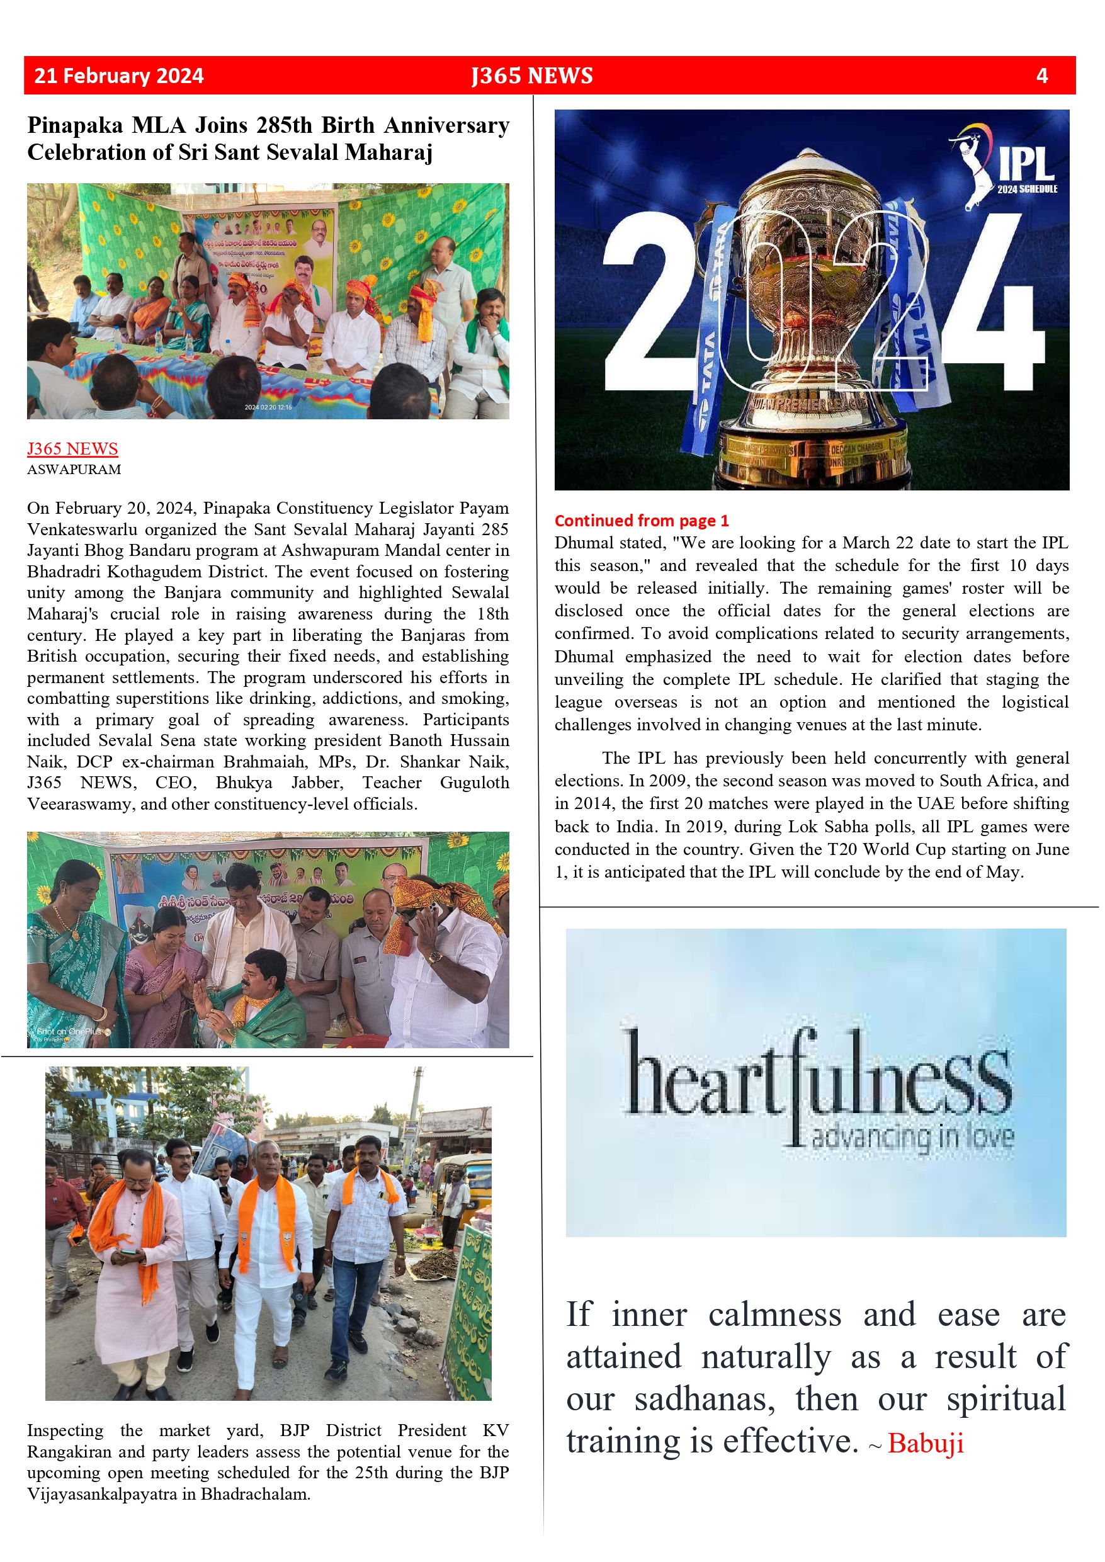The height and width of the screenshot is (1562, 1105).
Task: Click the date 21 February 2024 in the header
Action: click(118, 76)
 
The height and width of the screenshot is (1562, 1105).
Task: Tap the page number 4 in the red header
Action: click(1041, 76)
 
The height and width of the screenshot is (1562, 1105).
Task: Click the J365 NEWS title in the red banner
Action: click(531, 76)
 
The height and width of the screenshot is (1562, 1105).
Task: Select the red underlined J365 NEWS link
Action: click(72, 448)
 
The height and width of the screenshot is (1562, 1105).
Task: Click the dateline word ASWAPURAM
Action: click(74, 470)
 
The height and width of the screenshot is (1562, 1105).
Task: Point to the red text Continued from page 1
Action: click(641, 521)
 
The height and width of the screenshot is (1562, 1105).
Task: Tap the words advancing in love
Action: click(912, 1136)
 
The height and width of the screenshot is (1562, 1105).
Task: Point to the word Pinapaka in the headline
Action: click(75, 126)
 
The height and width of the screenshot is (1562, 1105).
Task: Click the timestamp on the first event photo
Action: click(268, 407)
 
